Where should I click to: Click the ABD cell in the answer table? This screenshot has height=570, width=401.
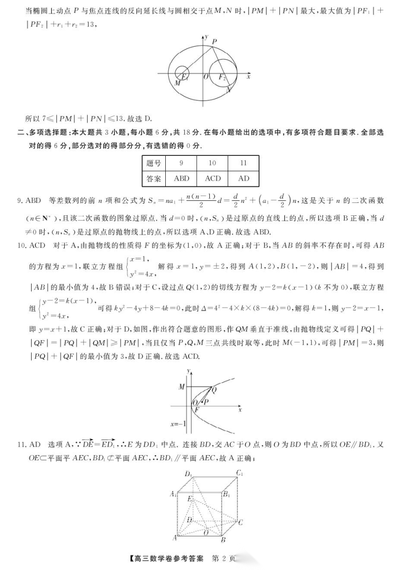point(181,179)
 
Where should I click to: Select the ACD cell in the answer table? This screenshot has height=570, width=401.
point(213,179)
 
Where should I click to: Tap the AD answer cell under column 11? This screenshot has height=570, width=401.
point(244,179)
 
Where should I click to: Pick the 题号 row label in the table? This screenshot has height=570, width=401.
point(153,164)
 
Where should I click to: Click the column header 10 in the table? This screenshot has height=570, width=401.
point(212,164)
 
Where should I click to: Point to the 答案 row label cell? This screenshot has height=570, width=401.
point(153,179)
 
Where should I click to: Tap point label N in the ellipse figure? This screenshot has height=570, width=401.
point(230,89)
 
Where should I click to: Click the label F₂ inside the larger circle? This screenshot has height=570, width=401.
point(222,78)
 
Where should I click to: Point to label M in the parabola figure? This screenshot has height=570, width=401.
point(181,387)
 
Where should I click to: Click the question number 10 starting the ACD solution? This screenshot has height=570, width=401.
point(21,245)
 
